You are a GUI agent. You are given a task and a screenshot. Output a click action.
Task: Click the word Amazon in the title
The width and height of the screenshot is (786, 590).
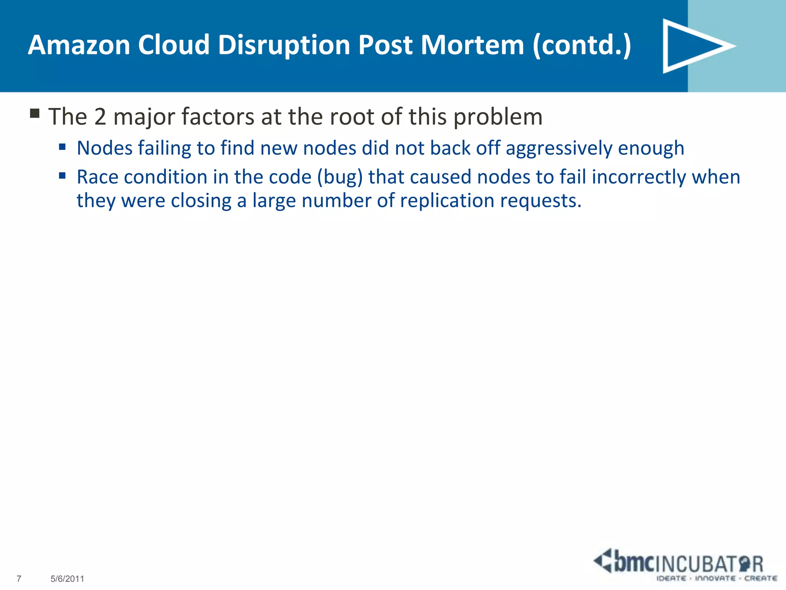pos(79,45)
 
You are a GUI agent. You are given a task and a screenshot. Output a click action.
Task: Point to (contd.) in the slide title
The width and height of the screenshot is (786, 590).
pos(582,45)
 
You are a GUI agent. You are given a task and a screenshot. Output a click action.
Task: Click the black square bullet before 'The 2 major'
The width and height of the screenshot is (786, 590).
pos(35,114)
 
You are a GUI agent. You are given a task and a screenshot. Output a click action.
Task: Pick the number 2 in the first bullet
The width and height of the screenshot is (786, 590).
pos(100,116)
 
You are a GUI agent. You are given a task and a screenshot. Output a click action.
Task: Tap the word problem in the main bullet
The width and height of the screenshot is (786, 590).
pos(498,117)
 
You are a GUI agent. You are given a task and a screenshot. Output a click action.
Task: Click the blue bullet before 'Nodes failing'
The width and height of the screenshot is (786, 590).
pos(63,147)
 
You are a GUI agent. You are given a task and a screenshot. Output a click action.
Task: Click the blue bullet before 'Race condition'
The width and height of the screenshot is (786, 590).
pos(63,176)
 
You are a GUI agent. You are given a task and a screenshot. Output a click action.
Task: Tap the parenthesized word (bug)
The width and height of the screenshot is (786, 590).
pos(340,177)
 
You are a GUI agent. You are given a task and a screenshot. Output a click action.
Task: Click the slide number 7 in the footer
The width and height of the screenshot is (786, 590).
pos(19,578)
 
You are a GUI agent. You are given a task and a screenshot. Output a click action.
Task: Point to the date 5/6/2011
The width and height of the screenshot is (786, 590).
pos(67,578)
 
